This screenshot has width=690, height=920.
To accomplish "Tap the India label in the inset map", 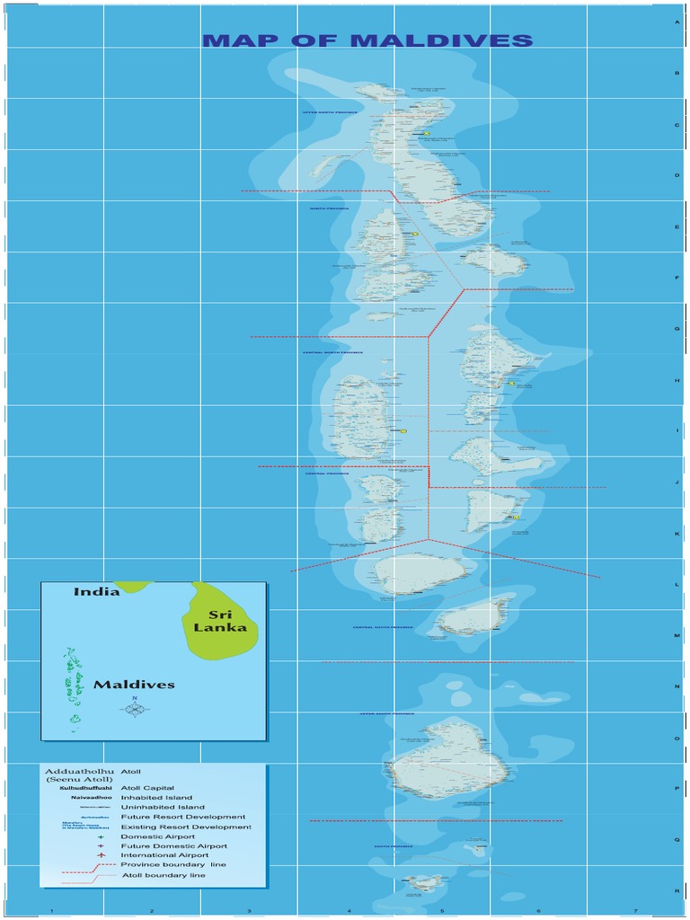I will point(96,592).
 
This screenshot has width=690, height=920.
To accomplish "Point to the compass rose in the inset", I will point(134,708).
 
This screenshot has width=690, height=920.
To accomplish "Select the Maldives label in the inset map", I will point(134,685).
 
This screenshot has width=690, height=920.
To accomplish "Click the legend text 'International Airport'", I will point(164,855).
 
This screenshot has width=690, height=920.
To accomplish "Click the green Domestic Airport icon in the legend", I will point(102,836).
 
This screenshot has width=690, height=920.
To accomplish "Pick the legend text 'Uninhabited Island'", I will point(163,808).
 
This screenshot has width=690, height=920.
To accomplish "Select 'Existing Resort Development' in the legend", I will point(186,827).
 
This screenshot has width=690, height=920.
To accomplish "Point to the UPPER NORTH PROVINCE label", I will point(330,113).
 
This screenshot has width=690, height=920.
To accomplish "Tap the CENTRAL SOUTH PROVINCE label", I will point(383,627).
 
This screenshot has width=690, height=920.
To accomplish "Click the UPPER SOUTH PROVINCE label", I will point(387,714).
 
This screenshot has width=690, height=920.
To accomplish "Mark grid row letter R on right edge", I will point(677,890).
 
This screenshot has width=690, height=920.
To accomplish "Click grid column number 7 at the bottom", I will point(635,911).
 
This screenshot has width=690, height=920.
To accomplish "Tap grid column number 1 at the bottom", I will point(52,911).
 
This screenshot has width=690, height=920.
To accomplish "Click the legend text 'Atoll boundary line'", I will point(163,875).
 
